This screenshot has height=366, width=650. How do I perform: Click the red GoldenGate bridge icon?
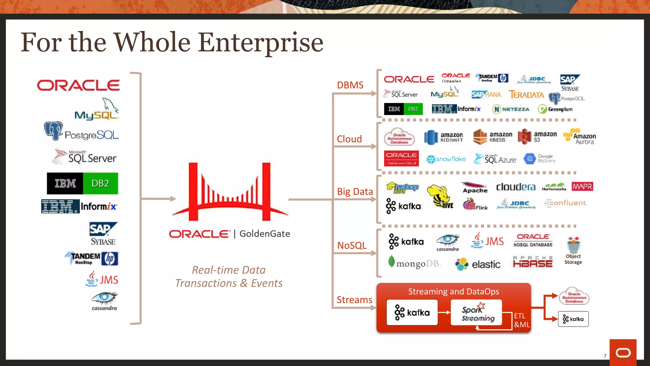click(x=230, y=193)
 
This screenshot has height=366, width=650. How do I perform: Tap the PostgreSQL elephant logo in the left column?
click(x=53, y=130)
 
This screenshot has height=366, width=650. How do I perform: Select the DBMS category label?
click(x=350, y=85)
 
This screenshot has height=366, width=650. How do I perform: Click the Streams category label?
click(x=354, y=300)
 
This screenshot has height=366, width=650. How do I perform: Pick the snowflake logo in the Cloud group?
click(x=446, y=159)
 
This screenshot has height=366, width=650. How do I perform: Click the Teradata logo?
click(x=527, y=95)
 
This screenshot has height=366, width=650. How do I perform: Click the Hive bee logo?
click(x=440, y=197)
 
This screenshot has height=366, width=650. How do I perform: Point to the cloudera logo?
click(x=515, y=187)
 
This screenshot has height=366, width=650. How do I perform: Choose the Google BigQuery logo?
click(x=539, y=159)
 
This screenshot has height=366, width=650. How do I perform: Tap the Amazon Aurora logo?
click(x=580, y=137)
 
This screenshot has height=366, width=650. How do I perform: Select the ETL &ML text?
click(x=521, y=320)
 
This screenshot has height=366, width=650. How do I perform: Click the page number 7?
click(x=605, y=356)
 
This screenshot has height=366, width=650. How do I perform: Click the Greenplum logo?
click(x=555, y=109)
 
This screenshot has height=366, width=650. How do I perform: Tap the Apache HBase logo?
click(x=533, y=262)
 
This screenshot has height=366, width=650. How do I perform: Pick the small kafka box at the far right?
click(x=573, y=319)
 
